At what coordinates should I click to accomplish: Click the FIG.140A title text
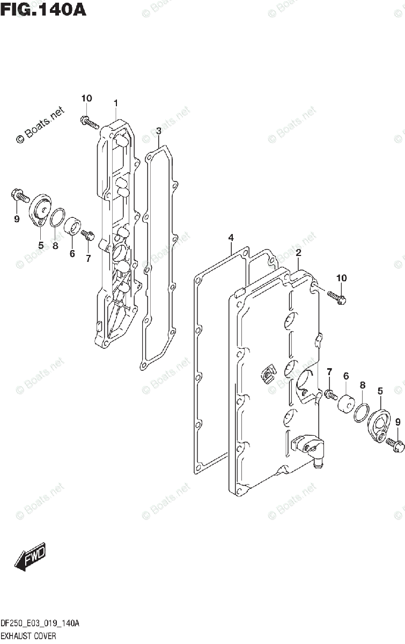[x=43, y=9]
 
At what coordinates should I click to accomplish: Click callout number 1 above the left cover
[x=115, y=103]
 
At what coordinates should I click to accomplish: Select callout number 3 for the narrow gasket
[x=159, y=130]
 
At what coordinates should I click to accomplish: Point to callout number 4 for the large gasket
[x=231, y=238]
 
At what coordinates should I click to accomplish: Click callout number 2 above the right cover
[x=298, y=253]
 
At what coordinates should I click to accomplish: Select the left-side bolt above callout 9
[x=18, y=195]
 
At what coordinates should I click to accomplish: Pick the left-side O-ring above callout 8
[x=57, y=217]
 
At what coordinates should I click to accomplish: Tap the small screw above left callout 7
[x=88, y=234]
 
